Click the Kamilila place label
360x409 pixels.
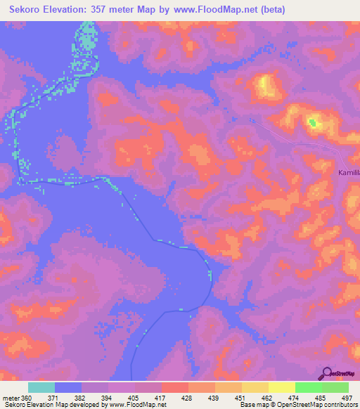347,171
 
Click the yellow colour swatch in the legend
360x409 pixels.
281,387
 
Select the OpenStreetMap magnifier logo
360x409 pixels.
328,373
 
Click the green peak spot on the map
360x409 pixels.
312,124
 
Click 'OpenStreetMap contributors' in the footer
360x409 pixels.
314,405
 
